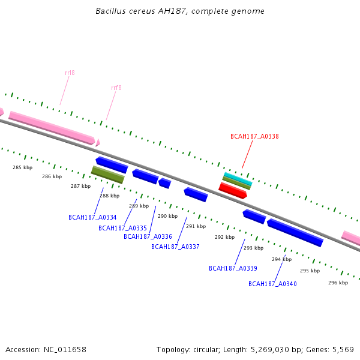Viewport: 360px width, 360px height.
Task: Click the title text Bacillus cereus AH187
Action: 180,11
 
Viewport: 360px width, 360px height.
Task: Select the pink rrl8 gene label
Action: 70,73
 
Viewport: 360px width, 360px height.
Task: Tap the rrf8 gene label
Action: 116,88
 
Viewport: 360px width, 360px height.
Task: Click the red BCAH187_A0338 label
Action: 254,136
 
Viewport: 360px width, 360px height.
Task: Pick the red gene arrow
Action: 233,190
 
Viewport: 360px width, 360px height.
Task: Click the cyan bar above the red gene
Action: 238,179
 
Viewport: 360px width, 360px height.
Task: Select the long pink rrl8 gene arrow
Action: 52,127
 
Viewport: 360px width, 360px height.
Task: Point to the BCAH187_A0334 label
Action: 92,217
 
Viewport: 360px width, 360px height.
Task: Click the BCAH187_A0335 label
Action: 122,228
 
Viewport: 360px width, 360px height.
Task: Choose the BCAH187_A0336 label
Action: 148,236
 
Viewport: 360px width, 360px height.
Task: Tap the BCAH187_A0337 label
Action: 175,247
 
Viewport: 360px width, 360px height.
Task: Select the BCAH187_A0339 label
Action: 233,268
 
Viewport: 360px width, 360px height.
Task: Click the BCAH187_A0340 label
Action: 272,284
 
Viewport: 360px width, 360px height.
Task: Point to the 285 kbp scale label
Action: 23,167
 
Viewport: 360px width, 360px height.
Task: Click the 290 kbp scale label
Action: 168,216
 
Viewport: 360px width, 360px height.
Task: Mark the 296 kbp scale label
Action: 338,283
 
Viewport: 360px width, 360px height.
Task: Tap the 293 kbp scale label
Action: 253,248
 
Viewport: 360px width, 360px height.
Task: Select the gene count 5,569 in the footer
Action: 342,349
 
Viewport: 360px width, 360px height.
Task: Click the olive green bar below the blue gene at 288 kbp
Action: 107,175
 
